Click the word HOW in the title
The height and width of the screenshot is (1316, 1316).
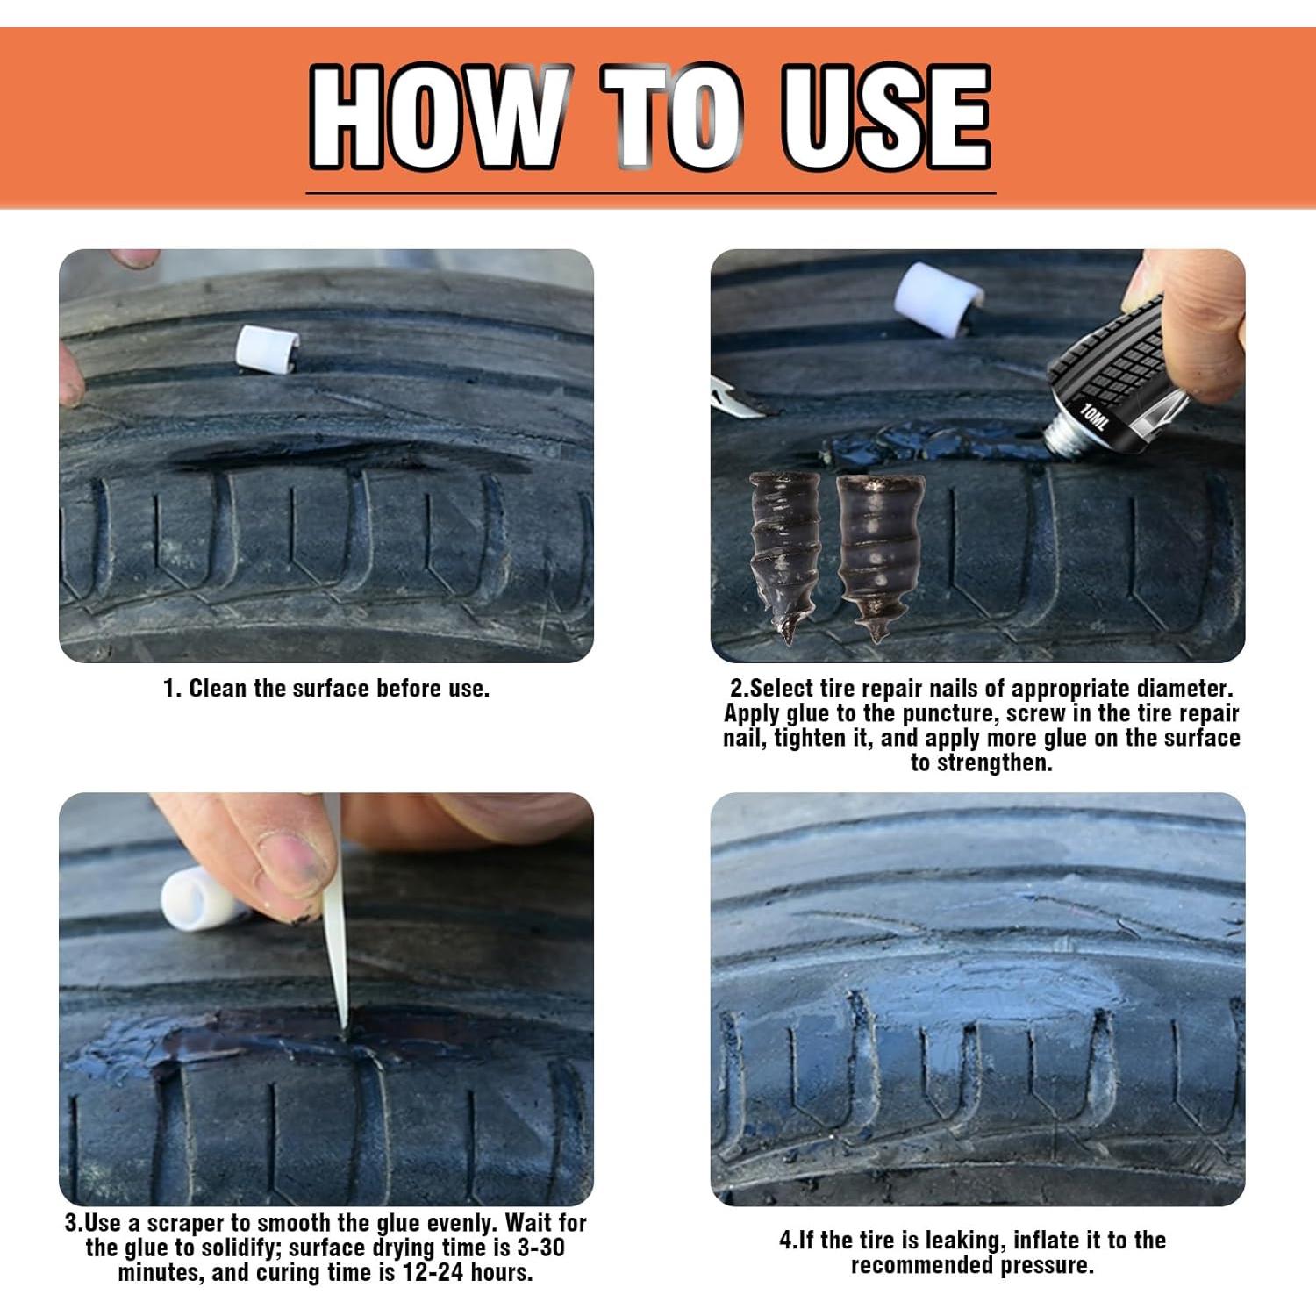[437, 117]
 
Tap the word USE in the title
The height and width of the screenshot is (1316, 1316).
[887, 117]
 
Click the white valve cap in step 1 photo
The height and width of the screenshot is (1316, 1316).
[267, 350]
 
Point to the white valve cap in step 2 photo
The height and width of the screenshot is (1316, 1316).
[938, 299]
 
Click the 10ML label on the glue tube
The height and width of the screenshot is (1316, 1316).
[1094, 417]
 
